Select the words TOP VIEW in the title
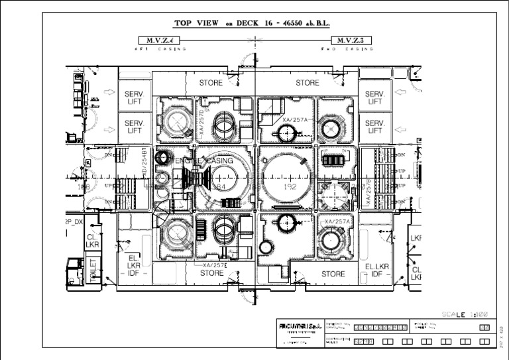(x=199, y=23)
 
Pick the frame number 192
(x=290, y=188)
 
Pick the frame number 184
(x=219, y=188)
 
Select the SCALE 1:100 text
(x=465, y=314)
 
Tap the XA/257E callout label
(x=214, y=265)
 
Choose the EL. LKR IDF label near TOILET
(x=133, y=266)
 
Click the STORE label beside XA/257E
(x=211, y=273)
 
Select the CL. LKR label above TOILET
(x=92, y=241)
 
